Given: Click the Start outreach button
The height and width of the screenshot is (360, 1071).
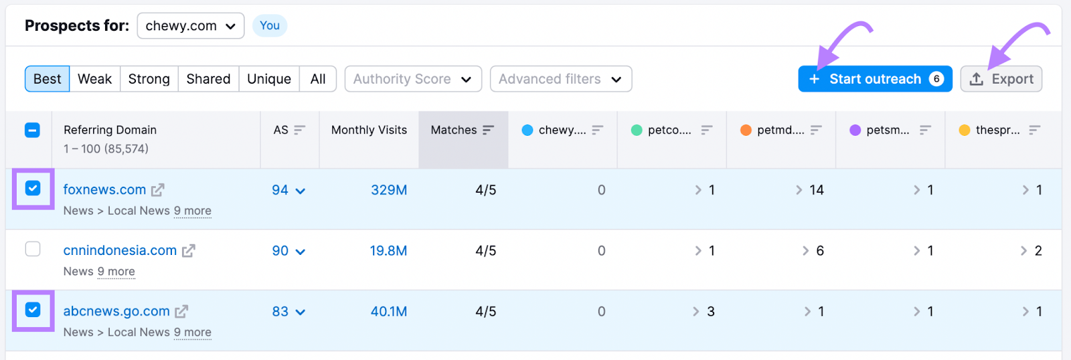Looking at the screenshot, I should click(874, 79).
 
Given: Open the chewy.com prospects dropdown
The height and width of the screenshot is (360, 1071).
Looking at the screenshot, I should click(191, 26).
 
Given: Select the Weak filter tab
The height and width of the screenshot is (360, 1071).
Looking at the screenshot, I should click(94, 79).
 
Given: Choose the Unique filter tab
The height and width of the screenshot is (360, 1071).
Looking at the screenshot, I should click(269, 79).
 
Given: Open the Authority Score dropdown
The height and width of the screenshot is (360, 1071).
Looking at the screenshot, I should click(413, 79).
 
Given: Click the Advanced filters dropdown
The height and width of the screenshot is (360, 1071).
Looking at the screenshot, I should click(560, 79).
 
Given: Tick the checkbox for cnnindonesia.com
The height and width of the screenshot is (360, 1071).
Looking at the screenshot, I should click(33, 249).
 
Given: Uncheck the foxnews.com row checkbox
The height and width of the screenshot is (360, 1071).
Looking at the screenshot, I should click(33, 189).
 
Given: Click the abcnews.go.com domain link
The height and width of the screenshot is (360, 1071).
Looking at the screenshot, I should click(116, 311).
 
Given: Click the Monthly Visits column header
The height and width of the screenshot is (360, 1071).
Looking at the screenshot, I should click(369, 130).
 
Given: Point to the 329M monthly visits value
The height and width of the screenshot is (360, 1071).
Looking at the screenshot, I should click(389, 190).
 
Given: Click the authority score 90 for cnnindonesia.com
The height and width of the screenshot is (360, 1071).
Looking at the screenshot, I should click(280, 251).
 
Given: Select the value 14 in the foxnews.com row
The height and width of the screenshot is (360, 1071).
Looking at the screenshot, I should click(816, 190).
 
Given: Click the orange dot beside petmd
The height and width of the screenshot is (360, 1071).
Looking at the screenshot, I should click(746, 130).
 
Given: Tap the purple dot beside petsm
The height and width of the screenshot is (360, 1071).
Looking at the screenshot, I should click(855, 130).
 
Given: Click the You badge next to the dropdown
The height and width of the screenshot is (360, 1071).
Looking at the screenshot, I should click(270, 25).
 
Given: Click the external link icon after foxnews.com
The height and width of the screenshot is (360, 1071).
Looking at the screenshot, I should click(157, 190).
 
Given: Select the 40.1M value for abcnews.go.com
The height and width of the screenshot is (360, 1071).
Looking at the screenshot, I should click(389, 312).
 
